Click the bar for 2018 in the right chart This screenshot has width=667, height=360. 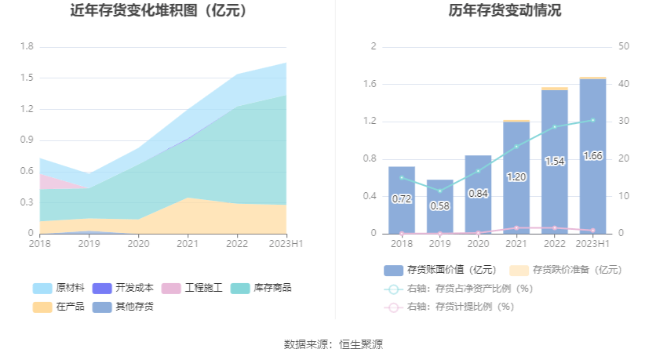point(402,200)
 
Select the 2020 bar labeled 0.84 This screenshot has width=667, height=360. point(478,194)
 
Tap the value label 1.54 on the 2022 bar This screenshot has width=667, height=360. point(554,162)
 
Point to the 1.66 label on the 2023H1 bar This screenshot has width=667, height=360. point(592,156)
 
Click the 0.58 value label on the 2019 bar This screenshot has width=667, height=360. point(439,205)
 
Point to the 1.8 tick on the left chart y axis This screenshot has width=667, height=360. point(26,46)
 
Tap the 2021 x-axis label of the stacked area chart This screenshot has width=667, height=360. point(188,244)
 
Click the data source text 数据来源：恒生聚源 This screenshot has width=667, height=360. point(333,344)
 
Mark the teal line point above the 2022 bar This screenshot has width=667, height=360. point(554,127)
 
